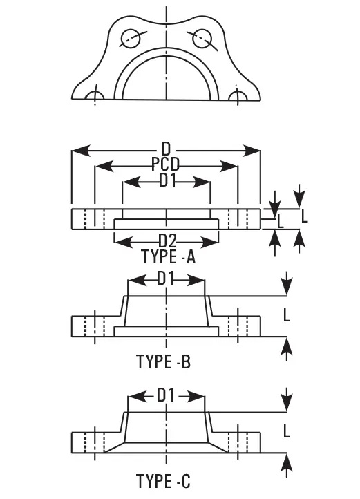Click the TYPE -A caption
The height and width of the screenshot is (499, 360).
tap(168, 256)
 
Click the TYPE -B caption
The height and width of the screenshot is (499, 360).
tap(163, 361)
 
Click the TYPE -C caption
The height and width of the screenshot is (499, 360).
tap(163, 481)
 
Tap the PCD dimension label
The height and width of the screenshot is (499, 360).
tap(166, 164)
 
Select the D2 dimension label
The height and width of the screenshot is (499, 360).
tap(167, 241)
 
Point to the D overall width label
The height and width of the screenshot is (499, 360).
tap(166, 149)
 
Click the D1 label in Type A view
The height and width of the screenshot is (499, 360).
tap(167, 180)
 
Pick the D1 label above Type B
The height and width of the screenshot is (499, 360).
tap(166, 279)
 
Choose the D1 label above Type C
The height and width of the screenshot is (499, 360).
tap(166, 395)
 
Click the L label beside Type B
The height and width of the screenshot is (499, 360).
tap(287, 315)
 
